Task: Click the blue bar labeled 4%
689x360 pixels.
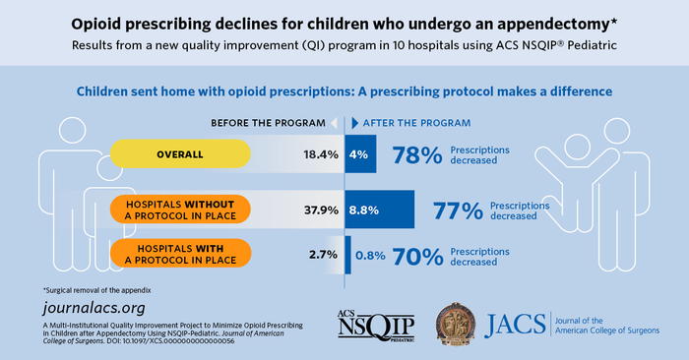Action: (x=360, y=154)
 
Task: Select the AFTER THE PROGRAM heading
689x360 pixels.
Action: (x=417, y=123)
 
